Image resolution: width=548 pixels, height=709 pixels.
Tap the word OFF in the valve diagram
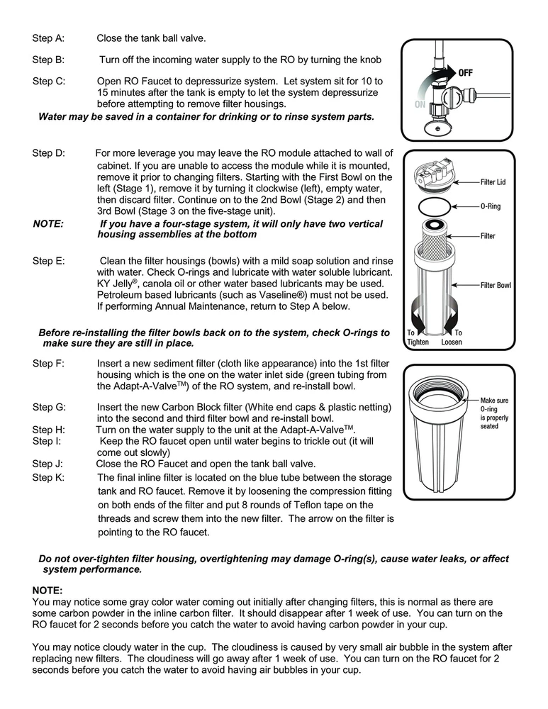click(x=466, y=72)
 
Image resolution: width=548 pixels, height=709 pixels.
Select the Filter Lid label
click(x=493, y=182)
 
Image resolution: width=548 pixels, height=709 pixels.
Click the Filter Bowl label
click(x=496, y=285)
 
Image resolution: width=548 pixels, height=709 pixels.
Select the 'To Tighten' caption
click(x=418, y=337)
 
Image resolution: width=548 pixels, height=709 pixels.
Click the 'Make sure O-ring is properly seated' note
click(x=494, y=413)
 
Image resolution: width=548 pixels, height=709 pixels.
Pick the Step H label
click(x=48, y=430)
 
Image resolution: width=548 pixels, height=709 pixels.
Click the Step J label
click(x=48, y=464)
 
